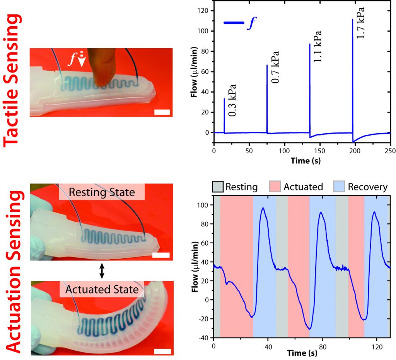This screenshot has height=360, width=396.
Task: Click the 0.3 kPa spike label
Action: [x=232, y=100]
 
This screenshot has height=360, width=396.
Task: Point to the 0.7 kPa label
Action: [x=275, y=66]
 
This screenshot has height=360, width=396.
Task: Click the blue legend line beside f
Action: [x=234, y=23]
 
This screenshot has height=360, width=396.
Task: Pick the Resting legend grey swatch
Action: [x=218, y=187]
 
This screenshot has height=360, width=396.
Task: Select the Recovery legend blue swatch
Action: [x=339, y=187]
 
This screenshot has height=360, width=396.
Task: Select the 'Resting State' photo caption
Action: [x=102, y=192]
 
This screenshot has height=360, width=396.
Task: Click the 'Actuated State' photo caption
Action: [x=102, y=289]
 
